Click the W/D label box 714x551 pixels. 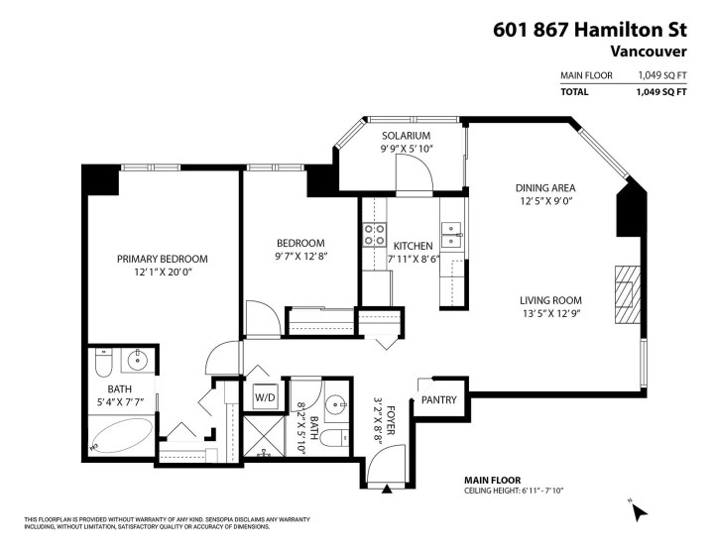point(265,398)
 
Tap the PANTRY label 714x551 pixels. point(439,400)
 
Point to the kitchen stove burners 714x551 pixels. point(376,235)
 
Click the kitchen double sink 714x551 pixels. point(451,235)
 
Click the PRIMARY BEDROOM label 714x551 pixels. point(163,259)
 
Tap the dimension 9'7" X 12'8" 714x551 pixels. point(300,257)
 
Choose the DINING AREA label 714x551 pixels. point(545,188)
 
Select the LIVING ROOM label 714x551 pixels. point(550,300)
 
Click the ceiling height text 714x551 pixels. point(513,491)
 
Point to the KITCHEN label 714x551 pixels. point(414,246)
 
